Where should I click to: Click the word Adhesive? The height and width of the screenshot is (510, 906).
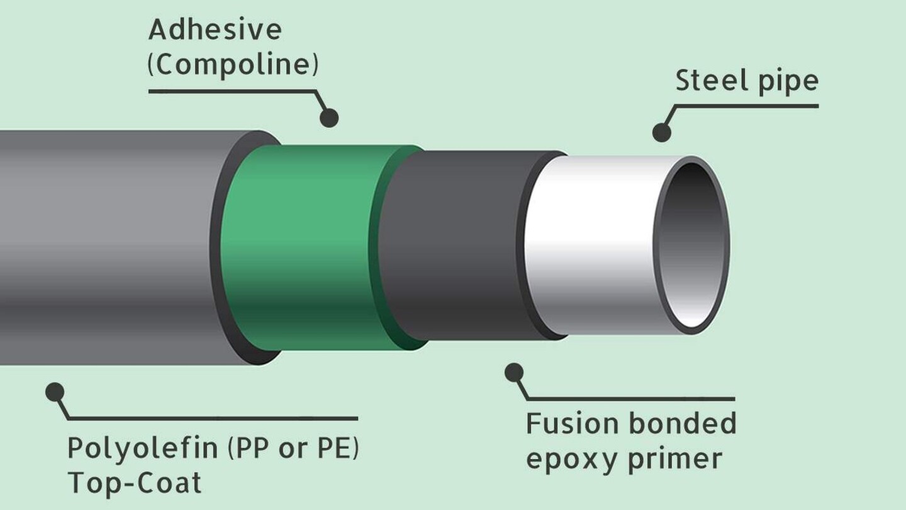point(215,30)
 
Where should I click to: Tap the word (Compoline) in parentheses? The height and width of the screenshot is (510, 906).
point(233,65)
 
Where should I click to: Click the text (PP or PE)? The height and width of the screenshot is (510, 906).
point(293,448)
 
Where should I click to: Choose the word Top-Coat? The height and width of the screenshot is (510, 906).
point(134,483)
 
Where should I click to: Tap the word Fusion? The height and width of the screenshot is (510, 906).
point(571,424)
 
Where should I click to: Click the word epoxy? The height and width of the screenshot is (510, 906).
point(571,460)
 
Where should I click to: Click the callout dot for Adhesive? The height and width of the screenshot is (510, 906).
point(329,118)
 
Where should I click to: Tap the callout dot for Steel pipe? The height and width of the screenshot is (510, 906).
point(661,132)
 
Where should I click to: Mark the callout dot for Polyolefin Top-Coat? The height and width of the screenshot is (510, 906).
point(55,392)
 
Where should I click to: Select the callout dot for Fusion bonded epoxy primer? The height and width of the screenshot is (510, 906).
point(514,372)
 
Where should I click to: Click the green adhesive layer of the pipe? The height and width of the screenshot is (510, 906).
point(302,246)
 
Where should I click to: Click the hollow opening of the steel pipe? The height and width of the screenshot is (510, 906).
point(692,246)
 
